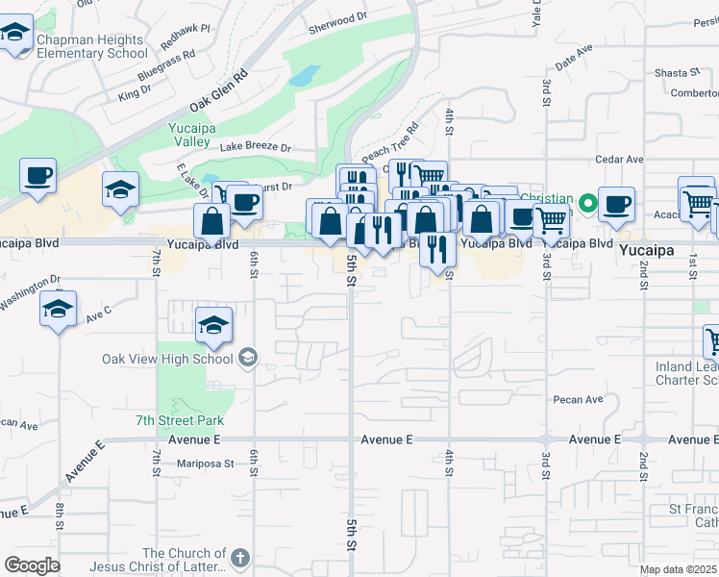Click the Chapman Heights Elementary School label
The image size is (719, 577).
91,46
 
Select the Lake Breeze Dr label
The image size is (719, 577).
255,147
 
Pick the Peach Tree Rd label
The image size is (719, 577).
390,141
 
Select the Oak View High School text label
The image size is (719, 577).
167,359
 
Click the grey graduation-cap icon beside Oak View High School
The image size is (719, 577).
248,359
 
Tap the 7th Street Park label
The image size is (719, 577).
180,420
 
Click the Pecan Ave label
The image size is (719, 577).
578,399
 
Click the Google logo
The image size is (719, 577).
32,564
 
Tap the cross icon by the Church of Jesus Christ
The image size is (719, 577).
239,557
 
